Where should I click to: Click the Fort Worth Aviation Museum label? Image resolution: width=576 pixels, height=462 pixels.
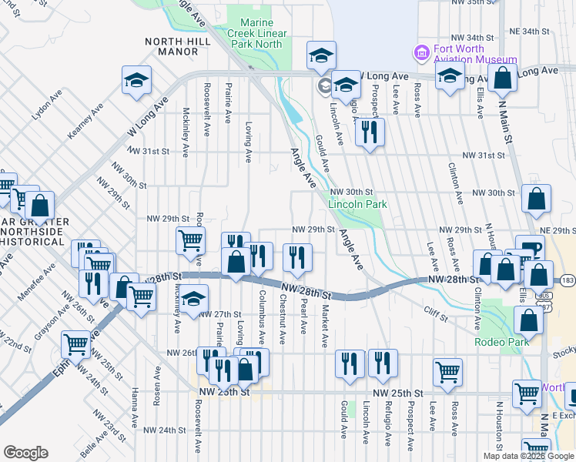click(x=475, y=52)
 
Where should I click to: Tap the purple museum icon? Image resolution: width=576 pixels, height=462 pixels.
click(x=421, y=52)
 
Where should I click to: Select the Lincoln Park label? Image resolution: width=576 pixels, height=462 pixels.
click(x=357, y=204)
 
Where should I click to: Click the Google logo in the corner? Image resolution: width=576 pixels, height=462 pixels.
click(x=25, y=453)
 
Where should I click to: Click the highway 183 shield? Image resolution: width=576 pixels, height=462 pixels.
click(x=567, y=280)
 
